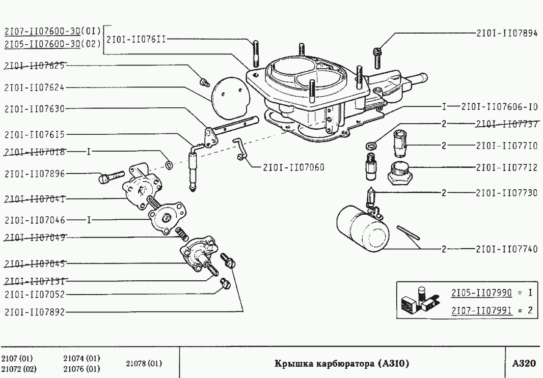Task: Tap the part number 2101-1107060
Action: [x=294, y=167]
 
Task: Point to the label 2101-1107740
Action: [x=506, y=249]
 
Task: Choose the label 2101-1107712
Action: [x=506, y=167]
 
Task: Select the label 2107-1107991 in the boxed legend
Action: [x=481, y=309]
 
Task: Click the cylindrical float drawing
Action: [x=363, y=228]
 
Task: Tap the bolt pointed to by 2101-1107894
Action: [x=377, y=56]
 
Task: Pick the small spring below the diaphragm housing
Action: [x=180, y=235]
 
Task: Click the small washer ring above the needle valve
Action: [x=371, y=147]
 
